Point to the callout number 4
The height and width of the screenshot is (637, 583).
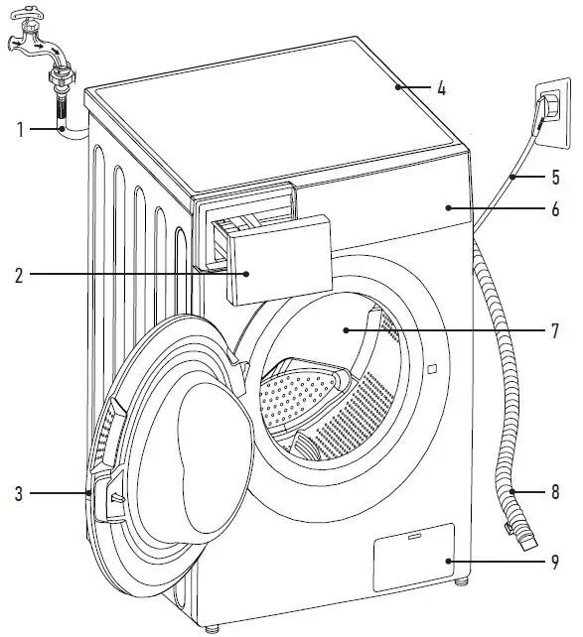point(441,88)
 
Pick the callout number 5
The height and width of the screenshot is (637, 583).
point(555,178)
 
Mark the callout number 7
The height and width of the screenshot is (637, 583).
point(555,329)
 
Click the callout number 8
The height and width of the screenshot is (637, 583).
point(555,491)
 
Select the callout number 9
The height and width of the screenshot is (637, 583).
point(555,563)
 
